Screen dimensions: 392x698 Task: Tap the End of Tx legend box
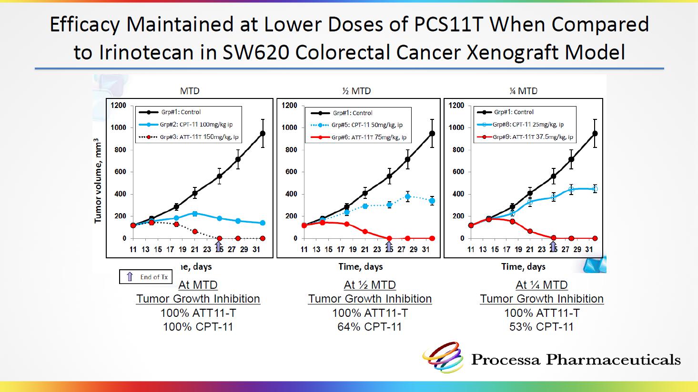click(146, 277)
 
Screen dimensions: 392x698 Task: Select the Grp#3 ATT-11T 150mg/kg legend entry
click(189, 137)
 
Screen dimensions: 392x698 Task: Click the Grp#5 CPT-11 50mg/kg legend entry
click(357, 125)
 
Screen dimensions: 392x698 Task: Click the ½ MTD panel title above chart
click(356, 91)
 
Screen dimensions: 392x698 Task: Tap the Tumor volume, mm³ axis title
click(98, 181)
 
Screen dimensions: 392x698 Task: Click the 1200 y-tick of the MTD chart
click(119, 106)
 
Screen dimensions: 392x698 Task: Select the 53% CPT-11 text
click(541, 327)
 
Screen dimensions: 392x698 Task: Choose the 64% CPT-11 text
click(370, 327)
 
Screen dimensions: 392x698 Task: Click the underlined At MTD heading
click(198, 285)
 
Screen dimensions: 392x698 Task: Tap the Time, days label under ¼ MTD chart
click(523, 266)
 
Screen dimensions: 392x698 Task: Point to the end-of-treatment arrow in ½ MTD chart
click(389, 246)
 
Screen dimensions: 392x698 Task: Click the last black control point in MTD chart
click(263, 134)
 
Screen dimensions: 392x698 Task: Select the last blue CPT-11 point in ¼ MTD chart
click(595, 189)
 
